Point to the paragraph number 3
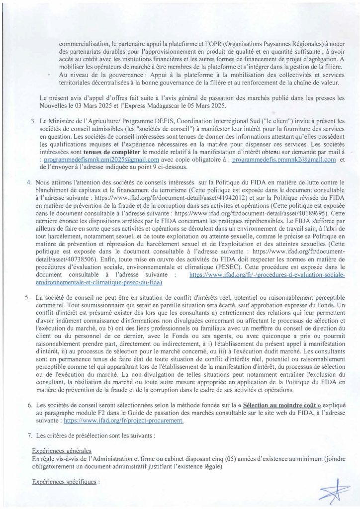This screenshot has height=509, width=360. pos(33,121)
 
